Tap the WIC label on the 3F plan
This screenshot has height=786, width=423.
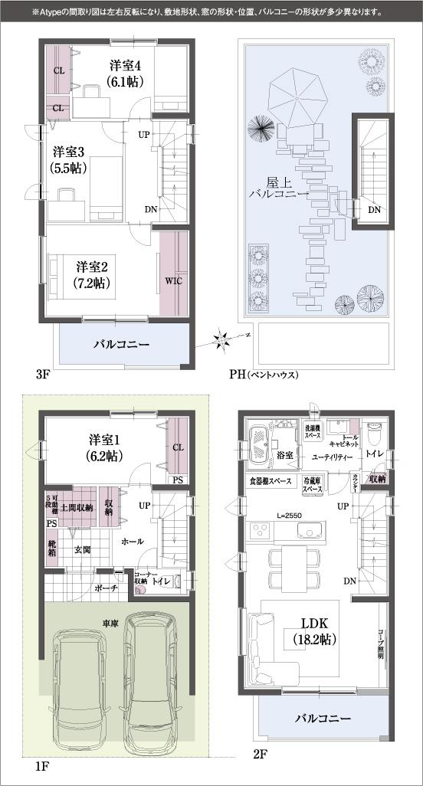pos(172,280)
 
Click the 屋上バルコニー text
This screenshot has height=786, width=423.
pos(277,189)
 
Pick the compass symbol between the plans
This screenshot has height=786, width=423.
pos(221,338)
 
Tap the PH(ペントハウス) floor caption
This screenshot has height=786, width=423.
pos(263,375)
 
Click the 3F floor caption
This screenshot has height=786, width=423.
pos(43,375)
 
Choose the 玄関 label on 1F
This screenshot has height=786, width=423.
pos(83,549)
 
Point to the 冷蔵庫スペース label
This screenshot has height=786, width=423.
pos(312,485)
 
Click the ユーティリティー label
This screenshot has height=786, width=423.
pos(332,457)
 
